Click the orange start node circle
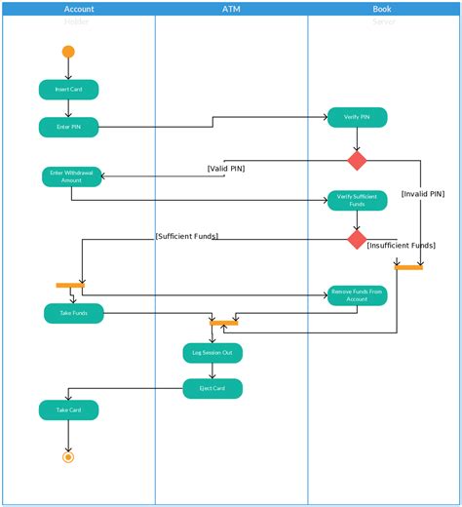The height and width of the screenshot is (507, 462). [67, 52]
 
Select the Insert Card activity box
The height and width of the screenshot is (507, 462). [68, 90]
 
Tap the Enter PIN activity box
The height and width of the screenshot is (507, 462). [68, 127]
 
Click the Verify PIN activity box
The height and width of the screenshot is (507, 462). [357, 117]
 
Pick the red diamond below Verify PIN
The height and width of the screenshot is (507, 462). [357, 160]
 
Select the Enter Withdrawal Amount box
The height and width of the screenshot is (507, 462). [71, 176]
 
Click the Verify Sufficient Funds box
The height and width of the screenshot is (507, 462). [357, 200]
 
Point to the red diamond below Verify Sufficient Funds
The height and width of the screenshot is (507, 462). [357, 240]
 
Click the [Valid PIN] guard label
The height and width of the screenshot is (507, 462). [226, 169]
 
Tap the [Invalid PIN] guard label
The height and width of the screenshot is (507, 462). [422, 194]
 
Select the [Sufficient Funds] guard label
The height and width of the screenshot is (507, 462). [187, 236]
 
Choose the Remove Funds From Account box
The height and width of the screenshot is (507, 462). [357, 295]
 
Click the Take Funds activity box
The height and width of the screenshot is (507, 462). [73, 313]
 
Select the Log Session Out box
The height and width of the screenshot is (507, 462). [212, 353]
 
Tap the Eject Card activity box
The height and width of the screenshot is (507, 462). [212, 389]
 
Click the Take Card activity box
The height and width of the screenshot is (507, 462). [68, 410]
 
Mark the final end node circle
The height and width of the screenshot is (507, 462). [67, 455]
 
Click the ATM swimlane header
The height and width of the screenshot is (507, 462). [231, 9]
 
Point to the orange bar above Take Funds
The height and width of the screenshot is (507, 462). [69, 285]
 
